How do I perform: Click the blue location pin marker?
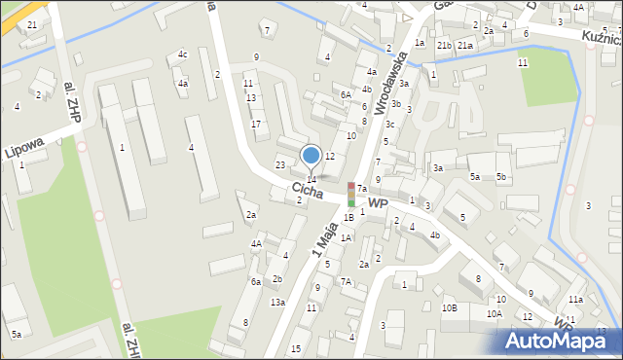pos(311,156)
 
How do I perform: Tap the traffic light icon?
pos(351,194)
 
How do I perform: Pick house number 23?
pos(280,164)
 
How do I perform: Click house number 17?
pos(256,124)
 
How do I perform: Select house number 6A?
pos(346,94)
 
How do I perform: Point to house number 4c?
pos(183,54)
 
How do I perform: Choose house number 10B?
pos(449,307)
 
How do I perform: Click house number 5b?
pos(501,177)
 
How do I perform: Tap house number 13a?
pos(277,303)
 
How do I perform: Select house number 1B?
pos(348,218)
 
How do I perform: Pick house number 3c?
pos(390,125)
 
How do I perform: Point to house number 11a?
pos(576,299)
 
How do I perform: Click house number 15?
pos(296,348)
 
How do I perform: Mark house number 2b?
pos(277,279)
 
